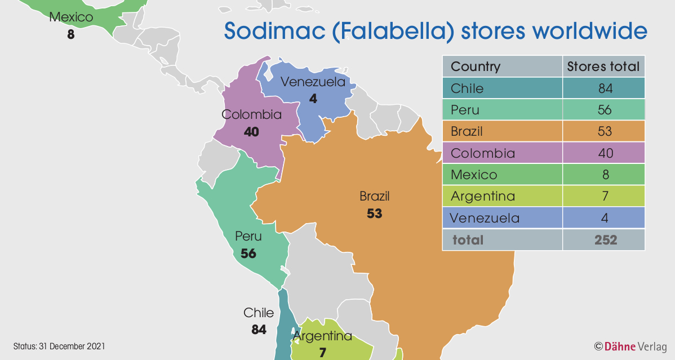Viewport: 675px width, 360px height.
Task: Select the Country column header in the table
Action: click(x=476, y=66)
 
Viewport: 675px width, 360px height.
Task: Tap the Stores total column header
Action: click(x=603, y=66)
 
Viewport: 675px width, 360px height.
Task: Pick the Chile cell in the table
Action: click(x=467, y=88)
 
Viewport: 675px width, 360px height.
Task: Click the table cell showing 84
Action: click(x=605, y=88)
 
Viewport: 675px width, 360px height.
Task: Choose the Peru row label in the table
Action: click(x=465, y=110)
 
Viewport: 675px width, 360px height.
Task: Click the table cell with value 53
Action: click(x=605, y=131)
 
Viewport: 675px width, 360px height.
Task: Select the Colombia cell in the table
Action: click(x=475, y=153)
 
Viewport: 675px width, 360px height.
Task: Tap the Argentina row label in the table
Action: click(x=475, y=196)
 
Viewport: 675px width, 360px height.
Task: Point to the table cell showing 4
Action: click(x=605, y=217)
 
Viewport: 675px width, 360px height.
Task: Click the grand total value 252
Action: click(x=605, y=239)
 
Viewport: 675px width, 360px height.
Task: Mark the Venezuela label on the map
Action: click(x=313, y=82)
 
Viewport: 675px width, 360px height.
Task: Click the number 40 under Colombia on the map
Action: click(x=251, y=132)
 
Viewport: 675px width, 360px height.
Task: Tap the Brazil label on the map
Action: click(x=375, y=197)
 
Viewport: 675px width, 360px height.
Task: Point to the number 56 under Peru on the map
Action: click(x=248, y=254)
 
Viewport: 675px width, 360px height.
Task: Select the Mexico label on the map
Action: click(x=71, y=17)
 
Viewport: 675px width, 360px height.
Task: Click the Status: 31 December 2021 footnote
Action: click(x=59, y=345)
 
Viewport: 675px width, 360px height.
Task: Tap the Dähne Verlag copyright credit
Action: click(x=630, y=346)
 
